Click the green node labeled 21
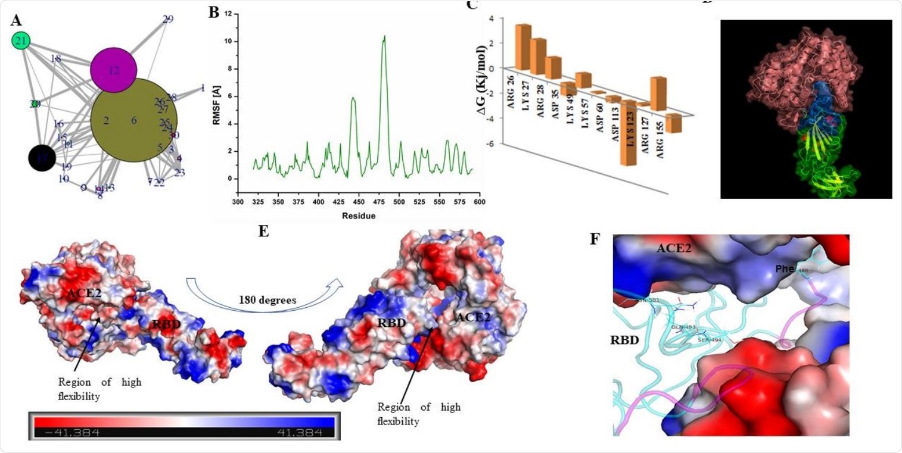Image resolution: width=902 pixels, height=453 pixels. click(21, 41)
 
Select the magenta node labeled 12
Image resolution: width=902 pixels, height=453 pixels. click(114, 70)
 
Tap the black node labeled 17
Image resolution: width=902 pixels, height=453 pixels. click(42, 158)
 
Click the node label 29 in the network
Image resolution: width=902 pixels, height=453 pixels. click(167, 19)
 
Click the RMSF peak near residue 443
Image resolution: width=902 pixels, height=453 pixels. click(353, 98)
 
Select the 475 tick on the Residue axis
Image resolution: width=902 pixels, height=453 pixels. click(378, 202)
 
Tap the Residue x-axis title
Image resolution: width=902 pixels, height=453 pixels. click(358, 215)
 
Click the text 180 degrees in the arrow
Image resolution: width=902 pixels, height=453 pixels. click(268, 300)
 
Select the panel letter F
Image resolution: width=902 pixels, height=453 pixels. click(595, 240)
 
